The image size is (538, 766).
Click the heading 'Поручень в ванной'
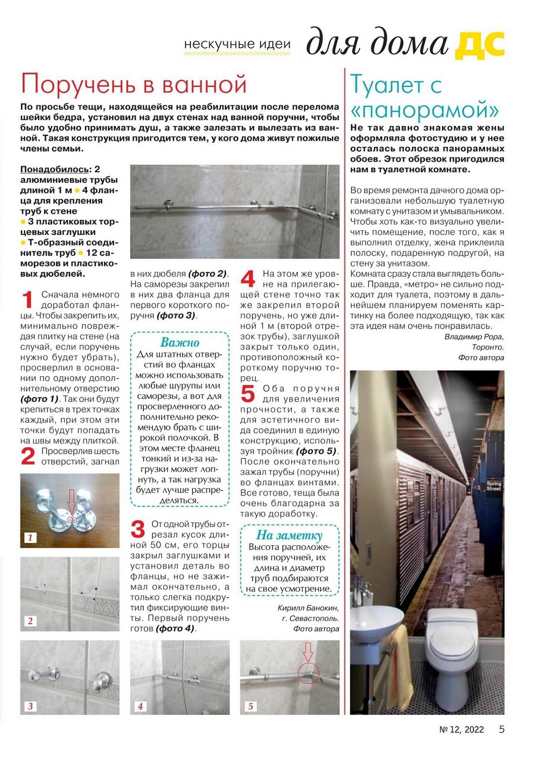coord(134,85)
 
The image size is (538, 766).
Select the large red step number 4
coord(248,279)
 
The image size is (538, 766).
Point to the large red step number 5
coord(248,394)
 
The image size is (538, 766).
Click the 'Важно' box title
coord(180,343)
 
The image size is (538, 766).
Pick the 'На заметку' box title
coord(289,535)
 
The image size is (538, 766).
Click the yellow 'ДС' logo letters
coord(480,45)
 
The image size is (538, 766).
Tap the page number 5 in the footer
coord(501,729)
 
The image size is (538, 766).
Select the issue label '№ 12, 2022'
coord(462,730)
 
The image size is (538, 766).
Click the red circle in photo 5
coord(308,673)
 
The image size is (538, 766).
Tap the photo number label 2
coord(30,621)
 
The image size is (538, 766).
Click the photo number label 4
coord(141,706)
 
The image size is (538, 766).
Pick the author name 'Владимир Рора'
coord(474,337)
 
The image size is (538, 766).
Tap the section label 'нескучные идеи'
coord(237,45)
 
